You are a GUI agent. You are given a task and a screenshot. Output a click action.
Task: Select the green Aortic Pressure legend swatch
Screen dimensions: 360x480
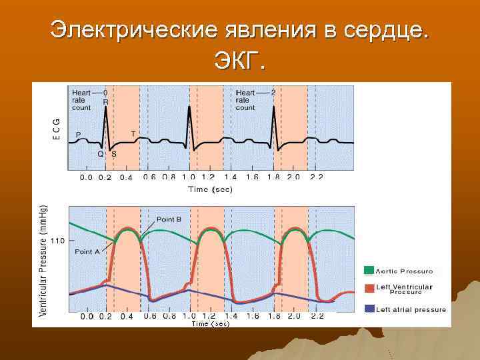pos(369,271)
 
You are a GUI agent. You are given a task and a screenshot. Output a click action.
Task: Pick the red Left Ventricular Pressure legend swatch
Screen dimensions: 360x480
pos(369,288)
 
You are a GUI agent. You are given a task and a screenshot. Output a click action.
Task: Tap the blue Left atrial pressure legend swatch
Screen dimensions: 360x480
pos(369,309)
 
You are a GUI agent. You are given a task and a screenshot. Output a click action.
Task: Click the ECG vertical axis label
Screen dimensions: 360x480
pos(56,129)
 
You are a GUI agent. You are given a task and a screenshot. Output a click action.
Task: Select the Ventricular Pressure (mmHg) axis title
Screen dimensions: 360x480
pos(43,261)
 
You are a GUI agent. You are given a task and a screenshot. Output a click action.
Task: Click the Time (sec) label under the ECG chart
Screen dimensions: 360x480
pos(210,189)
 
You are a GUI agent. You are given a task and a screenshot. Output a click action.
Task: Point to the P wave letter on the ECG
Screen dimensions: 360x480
pos(78,135)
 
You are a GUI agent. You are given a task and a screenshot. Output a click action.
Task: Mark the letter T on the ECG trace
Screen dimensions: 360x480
pos(133,134)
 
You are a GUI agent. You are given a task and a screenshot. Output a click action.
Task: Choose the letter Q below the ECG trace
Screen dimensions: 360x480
pos(101,153)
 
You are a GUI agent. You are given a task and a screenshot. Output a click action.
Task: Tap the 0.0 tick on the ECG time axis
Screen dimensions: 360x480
pos(87,177)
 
